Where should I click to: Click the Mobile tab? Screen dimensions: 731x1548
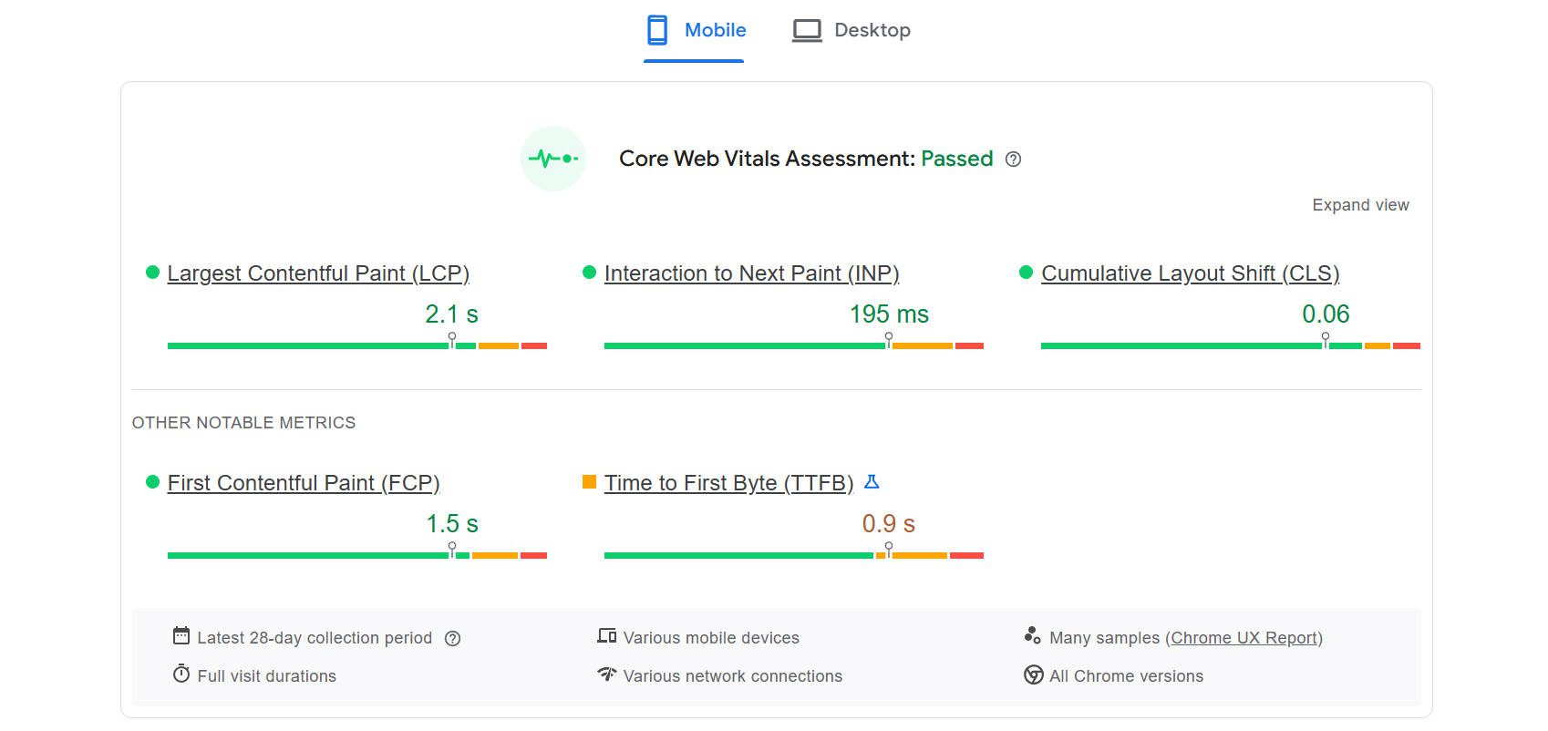pyautogui.click(x=696, y=30)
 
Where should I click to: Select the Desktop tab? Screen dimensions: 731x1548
pyautogui.click(x=851, y=30)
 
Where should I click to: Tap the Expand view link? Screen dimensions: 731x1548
pyautogui.click(x=1360, y=205)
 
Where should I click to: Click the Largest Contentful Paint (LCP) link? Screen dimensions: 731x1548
pyautogui.click(x=318, y=273)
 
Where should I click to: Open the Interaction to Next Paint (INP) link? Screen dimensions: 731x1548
pyautogui.click(x=751, y=273)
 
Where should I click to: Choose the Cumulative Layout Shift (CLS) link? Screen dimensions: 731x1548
pyautogui.click(x=1190, y=273)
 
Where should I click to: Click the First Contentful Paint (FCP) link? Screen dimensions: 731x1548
pyautogui.click(x=304, y=483)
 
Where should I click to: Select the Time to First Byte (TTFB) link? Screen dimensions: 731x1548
pyautogui.click(x=728, y=483)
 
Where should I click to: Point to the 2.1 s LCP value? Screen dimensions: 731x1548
pyautogui.click(x=451, y=314)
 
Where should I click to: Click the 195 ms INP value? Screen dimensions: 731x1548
pyautogui.click(x=889, y=314)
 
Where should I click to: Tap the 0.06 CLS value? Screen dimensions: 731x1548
pyautogui.click(x=1326, y=314)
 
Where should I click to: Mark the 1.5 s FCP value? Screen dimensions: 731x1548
pyautogui.click(x=452, y=524)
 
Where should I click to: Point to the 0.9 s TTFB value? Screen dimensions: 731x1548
pyautogui.click(x=889, y=524)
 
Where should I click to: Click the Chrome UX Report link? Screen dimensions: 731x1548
pyautogui.click(x=1244, y=638)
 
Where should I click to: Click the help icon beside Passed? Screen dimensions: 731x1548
pyautogui.click(x=1013, y=160)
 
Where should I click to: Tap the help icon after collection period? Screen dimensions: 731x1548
pyautogui.click(x=452, y=639)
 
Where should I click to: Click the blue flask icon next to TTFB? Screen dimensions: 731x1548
pyautogui.click(x=872, y=482)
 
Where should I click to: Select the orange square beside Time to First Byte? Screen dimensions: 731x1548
pyautogui.click(x=589, y=481)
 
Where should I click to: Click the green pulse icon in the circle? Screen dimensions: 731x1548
pyautogui.click(x=553, y=159)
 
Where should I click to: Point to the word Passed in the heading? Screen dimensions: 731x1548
pyautogui.click(x=956, y=159)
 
